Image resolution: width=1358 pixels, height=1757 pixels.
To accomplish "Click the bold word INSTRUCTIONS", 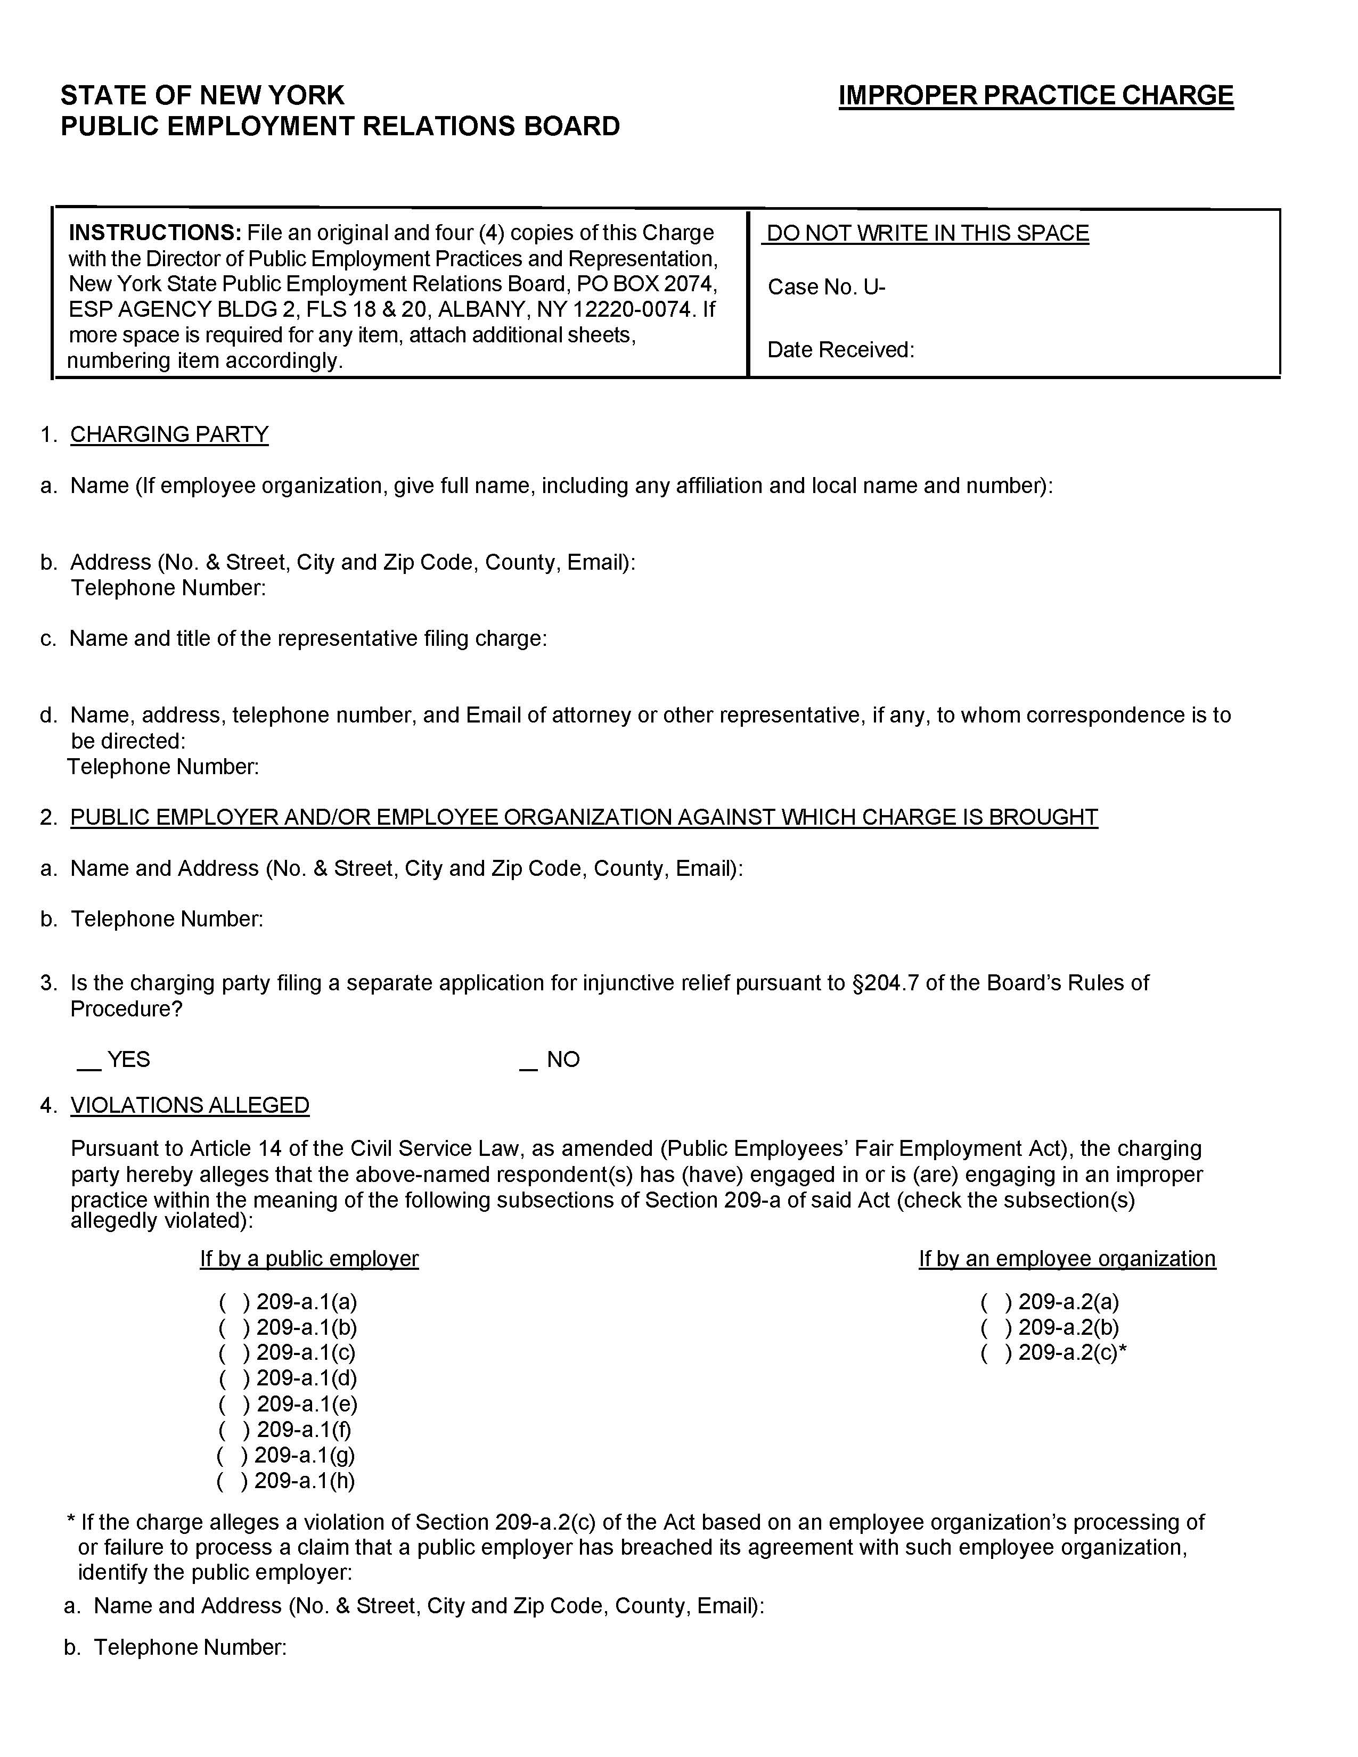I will coord(154,233).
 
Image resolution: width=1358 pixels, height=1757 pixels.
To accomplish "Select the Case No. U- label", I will coord(825,287).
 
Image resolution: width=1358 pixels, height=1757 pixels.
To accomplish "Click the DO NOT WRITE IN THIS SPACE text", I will coord(927,233).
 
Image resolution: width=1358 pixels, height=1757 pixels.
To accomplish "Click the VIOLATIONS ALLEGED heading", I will coord(190,1105).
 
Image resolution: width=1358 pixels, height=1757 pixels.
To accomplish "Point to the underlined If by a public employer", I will coord(309,1259).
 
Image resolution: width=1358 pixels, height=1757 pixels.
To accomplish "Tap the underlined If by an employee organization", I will coord(1067,1259).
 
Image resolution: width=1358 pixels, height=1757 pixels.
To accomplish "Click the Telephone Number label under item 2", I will coord(167,919).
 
